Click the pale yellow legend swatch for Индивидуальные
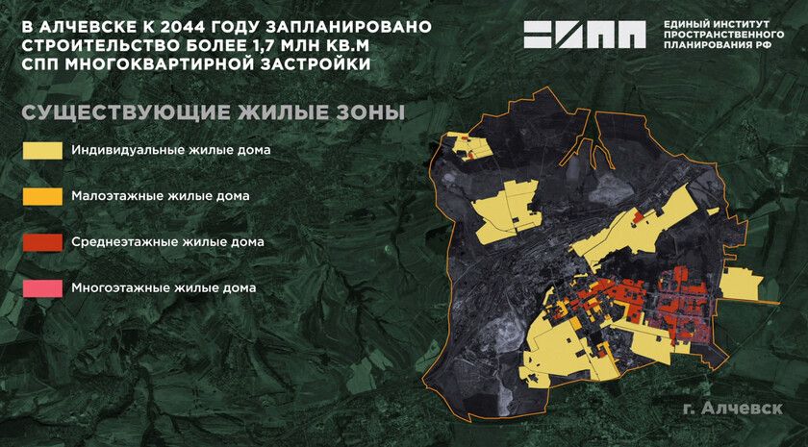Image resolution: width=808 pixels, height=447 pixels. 43,151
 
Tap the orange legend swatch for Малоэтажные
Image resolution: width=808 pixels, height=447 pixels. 43,196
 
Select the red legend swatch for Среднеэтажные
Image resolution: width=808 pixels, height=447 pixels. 43,242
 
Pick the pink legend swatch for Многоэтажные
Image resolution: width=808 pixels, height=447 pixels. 43,287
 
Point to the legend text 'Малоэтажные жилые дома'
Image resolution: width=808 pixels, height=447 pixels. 161,196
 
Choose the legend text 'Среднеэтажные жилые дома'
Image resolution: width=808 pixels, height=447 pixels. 167,242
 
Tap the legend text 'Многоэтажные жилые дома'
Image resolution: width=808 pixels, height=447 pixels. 164,287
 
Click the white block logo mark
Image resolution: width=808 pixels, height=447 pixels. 584,35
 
